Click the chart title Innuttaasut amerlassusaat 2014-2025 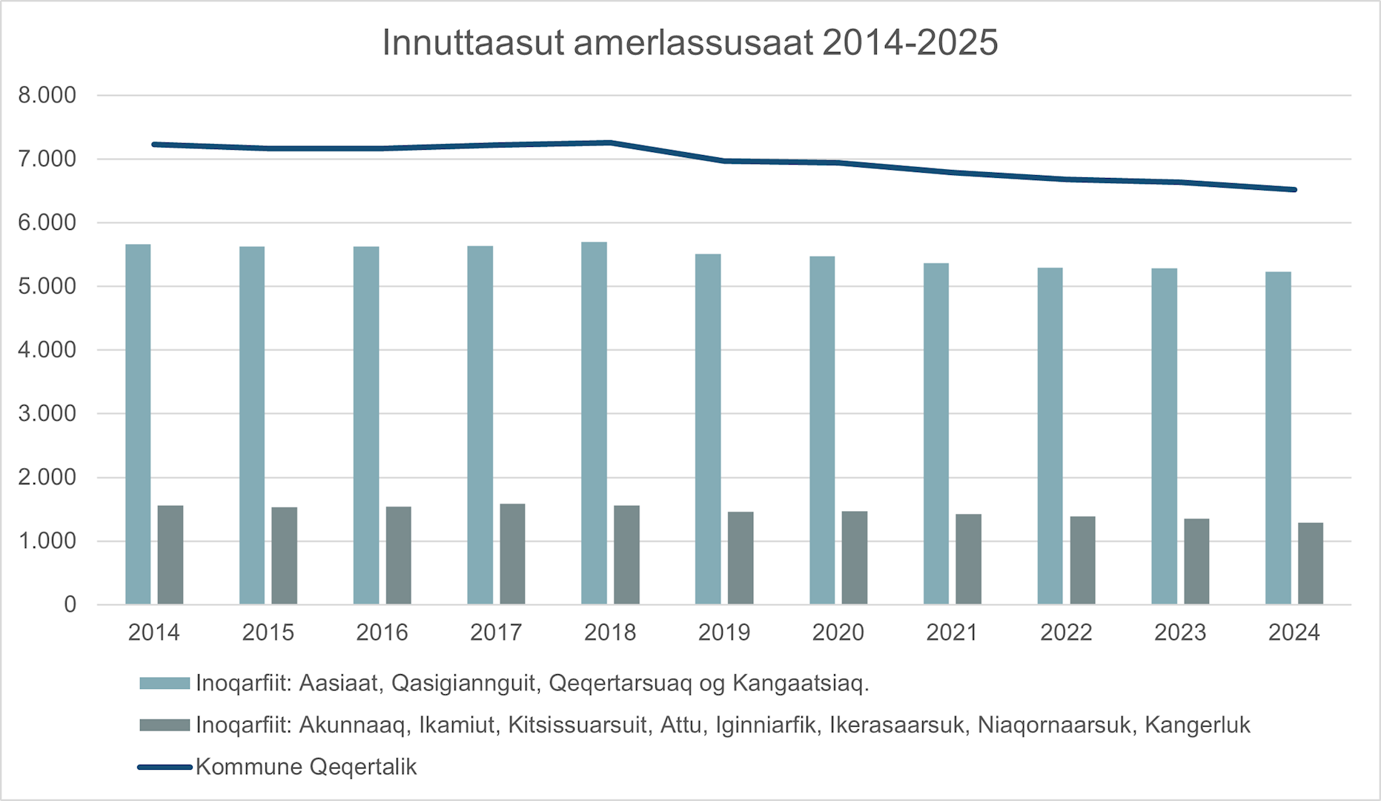(689, 43)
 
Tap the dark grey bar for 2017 (512, 554)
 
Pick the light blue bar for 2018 (594, 423)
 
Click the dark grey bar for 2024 (1310, 564)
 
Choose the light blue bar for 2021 (935, 434)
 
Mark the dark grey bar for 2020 (854, 558)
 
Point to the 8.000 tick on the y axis (47, 95)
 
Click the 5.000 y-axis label (47, 286)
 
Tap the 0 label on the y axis (70, 604)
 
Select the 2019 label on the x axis (723, 633)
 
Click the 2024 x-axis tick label (1294, 633)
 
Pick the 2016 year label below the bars (382, 633)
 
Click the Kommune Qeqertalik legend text (306, 767)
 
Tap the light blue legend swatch (165, 683)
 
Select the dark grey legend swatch (165, 725)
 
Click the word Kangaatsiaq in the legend (801, 683)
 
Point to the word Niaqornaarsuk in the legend (1055, 725)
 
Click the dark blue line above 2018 (610, 142)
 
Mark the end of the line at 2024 (1294, 190)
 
